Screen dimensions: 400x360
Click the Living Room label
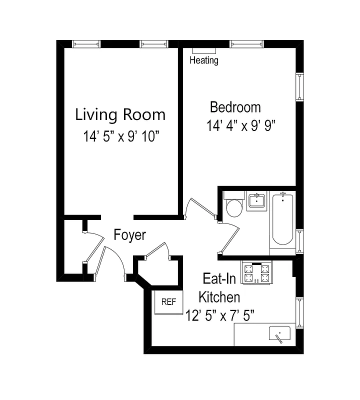point(120,114)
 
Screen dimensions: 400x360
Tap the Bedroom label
point(235,107)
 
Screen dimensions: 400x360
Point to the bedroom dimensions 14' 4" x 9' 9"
point(241,125)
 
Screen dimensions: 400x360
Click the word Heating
point(204,60)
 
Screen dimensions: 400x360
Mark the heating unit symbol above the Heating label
point(204,50)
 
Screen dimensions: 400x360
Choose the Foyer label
point(129,234)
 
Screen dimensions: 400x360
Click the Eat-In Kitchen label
point(220,287)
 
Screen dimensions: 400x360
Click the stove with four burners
point(256,273)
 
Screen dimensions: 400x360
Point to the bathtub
point(282,220)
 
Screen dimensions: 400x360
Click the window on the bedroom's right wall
point(299,86)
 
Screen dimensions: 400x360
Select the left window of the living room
point(86,44)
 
